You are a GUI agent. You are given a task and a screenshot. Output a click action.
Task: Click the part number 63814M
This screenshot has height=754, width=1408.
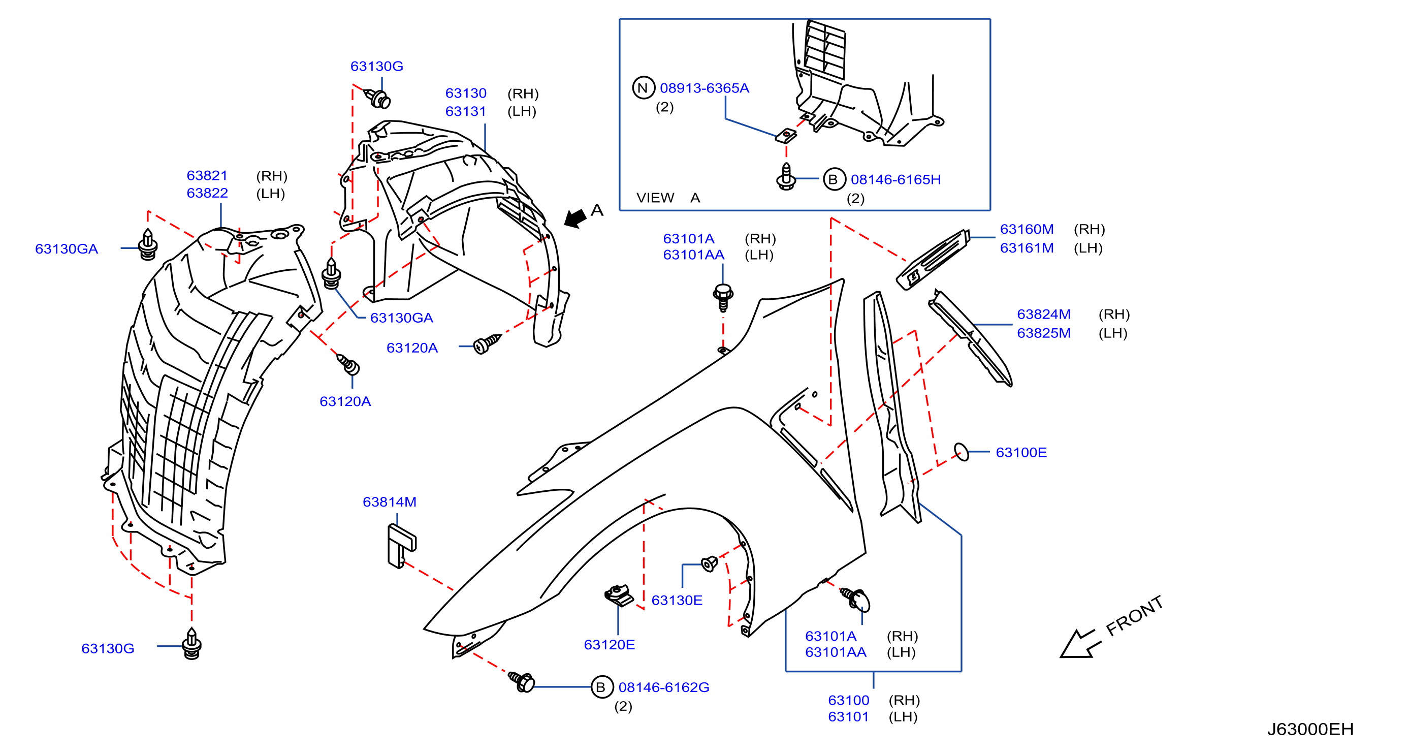(389, 502)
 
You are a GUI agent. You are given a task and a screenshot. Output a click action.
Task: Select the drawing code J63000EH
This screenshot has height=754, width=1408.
(1310, 729)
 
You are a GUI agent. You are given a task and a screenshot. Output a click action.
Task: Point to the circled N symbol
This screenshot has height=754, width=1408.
(644, 87)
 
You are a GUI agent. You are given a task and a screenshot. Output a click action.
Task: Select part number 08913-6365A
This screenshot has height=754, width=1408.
(704, 88)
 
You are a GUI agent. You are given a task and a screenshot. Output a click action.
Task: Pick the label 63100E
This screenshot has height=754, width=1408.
(1021, 452)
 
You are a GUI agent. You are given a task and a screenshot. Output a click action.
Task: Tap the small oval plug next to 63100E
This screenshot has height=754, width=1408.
(961, 452)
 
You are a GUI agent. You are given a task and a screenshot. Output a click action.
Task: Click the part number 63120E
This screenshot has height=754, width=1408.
(609, 645)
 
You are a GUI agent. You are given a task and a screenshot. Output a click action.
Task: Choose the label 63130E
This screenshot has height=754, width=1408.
(677, 601)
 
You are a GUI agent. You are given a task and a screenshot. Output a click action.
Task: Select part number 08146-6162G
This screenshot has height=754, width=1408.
(663, 687)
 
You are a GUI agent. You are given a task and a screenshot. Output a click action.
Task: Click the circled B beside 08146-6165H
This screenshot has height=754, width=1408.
(834, 179)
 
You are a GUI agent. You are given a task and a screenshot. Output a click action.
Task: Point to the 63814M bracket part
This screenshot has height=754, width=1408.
(401, 546)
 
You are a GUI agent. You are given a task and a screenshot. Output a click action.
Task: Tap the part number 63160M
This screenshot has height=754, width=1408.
(1027, 229)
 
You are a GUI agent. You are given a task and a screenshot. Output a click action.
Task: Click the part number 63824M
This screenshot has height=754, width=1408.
(1043, 315)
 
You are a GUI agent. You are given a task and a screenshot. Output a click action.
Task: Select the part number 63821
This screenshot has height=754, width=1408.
(207, 175)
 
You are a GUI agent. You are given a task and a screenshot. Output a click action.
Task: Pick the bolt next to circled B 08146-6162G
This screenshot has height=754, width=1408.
(522, 681)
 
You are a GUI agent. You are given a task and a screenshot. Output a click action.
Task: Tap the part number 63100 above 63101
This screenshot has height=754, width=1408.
(848, 701)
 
